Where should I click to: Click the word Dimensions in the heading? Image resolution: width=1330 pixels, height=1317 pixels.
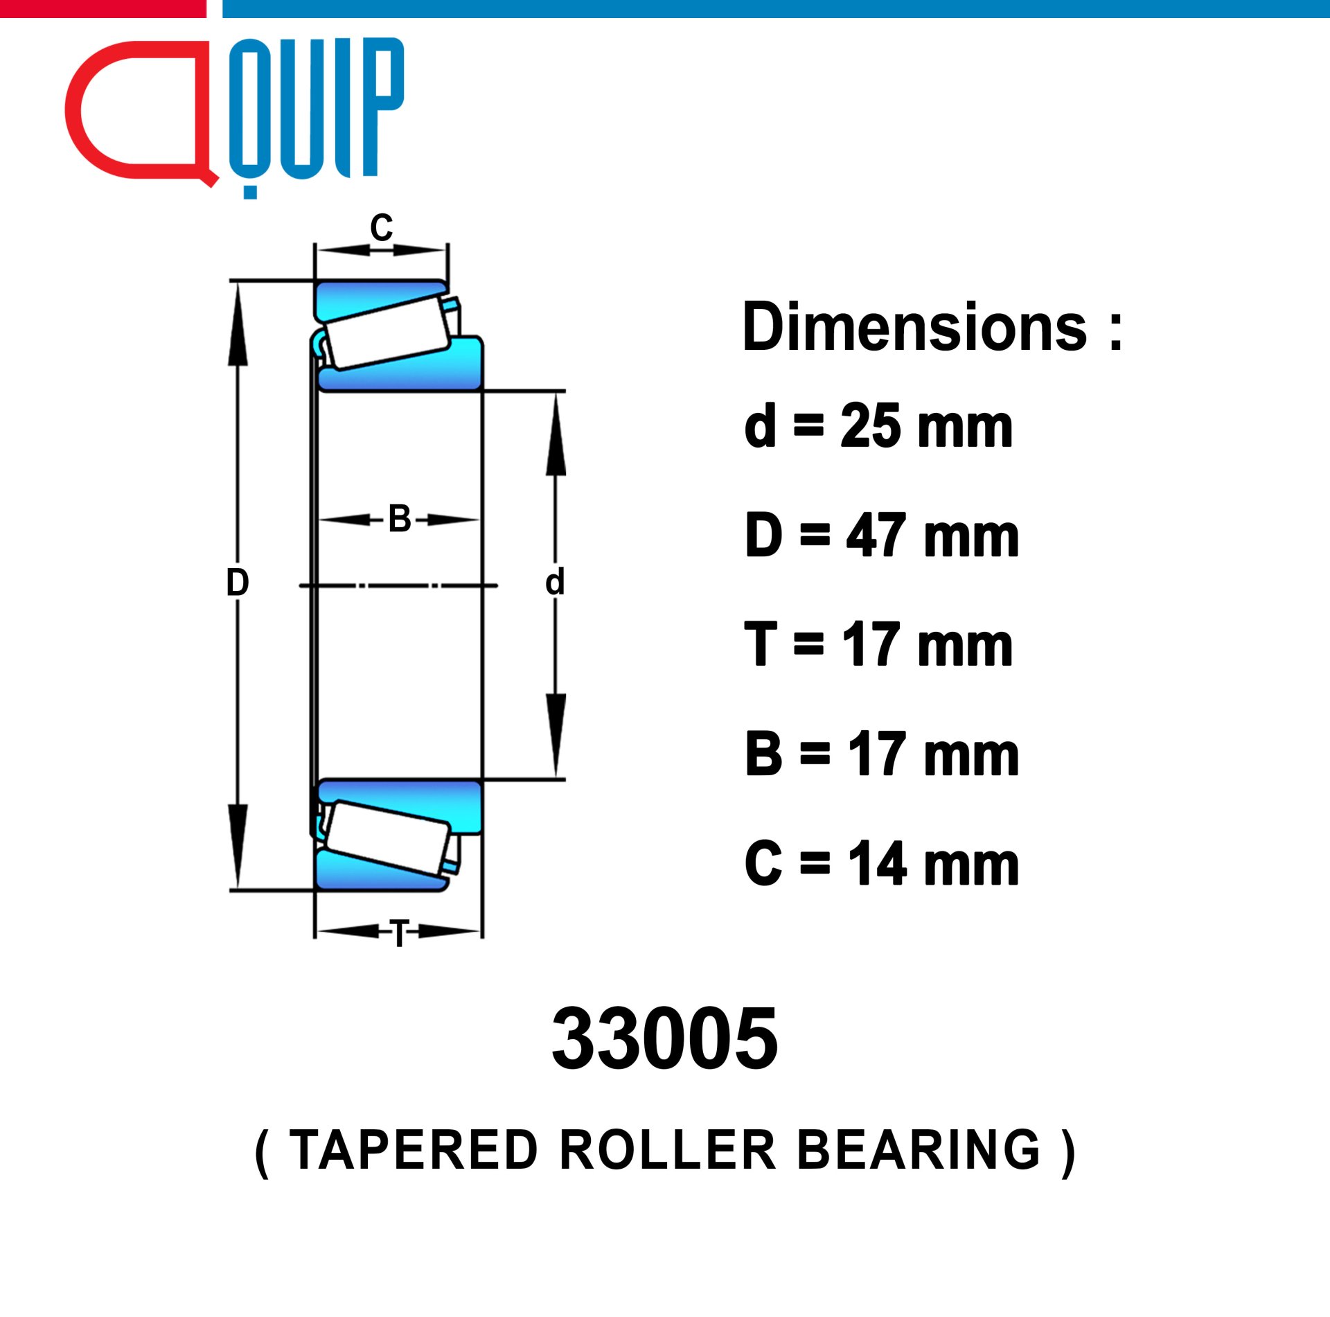(914, 328)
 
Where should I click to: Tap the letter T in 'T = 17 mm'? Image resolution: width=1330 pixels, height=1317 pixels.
(760, 644)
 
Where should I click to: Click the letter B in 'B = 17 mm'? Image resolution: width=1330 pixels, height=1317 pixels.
(763, 754)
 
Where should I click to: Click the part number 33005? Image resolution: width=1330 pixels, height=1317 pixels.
(665, 1039)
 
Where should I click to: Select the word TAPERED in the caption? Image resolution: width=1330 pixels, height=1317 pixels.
(414, 1150)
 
